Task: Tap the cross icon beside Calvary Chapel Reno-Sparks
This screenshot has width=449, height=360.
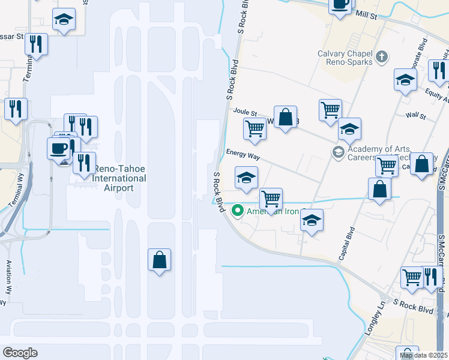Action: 382,58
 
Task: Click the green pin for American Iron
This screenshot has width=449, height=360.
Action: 237,211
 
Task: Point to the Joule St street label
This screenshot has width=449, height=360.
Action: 244,112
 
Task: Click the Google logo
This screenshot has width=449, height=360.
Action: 20,352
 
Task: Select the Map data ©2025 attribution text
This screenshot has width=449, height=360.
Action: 424,355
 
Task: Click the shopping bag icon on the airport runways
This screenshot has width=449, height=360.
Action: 159,260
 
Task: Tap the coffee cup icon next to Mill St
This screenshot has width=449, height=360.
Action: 340,5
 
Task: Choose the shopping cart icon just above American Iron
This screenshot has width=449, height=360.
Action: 271,198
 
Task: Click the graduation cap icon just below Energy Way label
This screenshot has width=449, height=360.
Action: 246,177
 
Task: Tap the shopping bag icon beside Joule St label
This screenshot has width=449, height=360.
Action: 286,116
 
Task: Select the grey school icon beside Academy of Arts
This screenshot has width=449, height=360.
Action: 339,152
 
